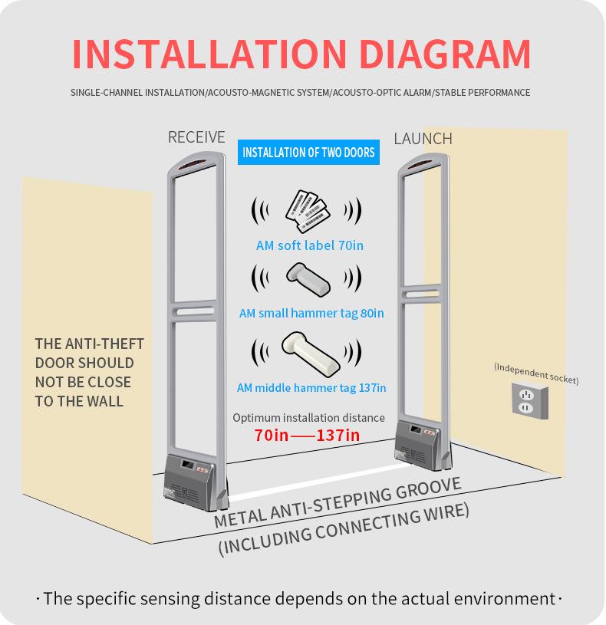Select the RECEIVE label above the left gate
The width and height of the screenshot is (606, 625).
coord(196,137)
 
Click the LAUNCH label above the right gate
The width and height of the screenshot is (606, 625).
coord(423,139)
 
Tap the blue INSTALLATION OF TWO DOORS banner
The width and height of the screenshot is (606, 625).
coord(308,153)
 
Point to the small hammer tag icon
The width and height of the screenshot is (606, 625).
coord(308,278)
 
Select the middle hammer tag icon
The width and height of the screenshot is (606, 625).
coord(308,350)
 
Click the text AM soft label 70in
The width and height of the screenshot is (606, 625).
coord(309,245)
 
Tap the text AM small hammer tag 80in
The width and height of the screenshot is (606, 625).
coord(311,313)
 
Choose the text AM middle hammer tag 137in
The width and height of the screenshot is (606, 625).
coord(311,387)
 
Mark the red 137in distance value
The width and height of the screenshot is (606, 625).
coord(338,436)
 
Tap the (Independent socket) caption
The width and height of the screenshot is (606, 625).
coord(536,373)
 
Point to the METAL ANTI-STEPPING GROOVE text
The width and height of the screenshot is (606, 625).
coord(338,502)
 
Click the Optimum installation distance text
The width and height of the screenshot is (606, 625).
coord(308,418)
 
